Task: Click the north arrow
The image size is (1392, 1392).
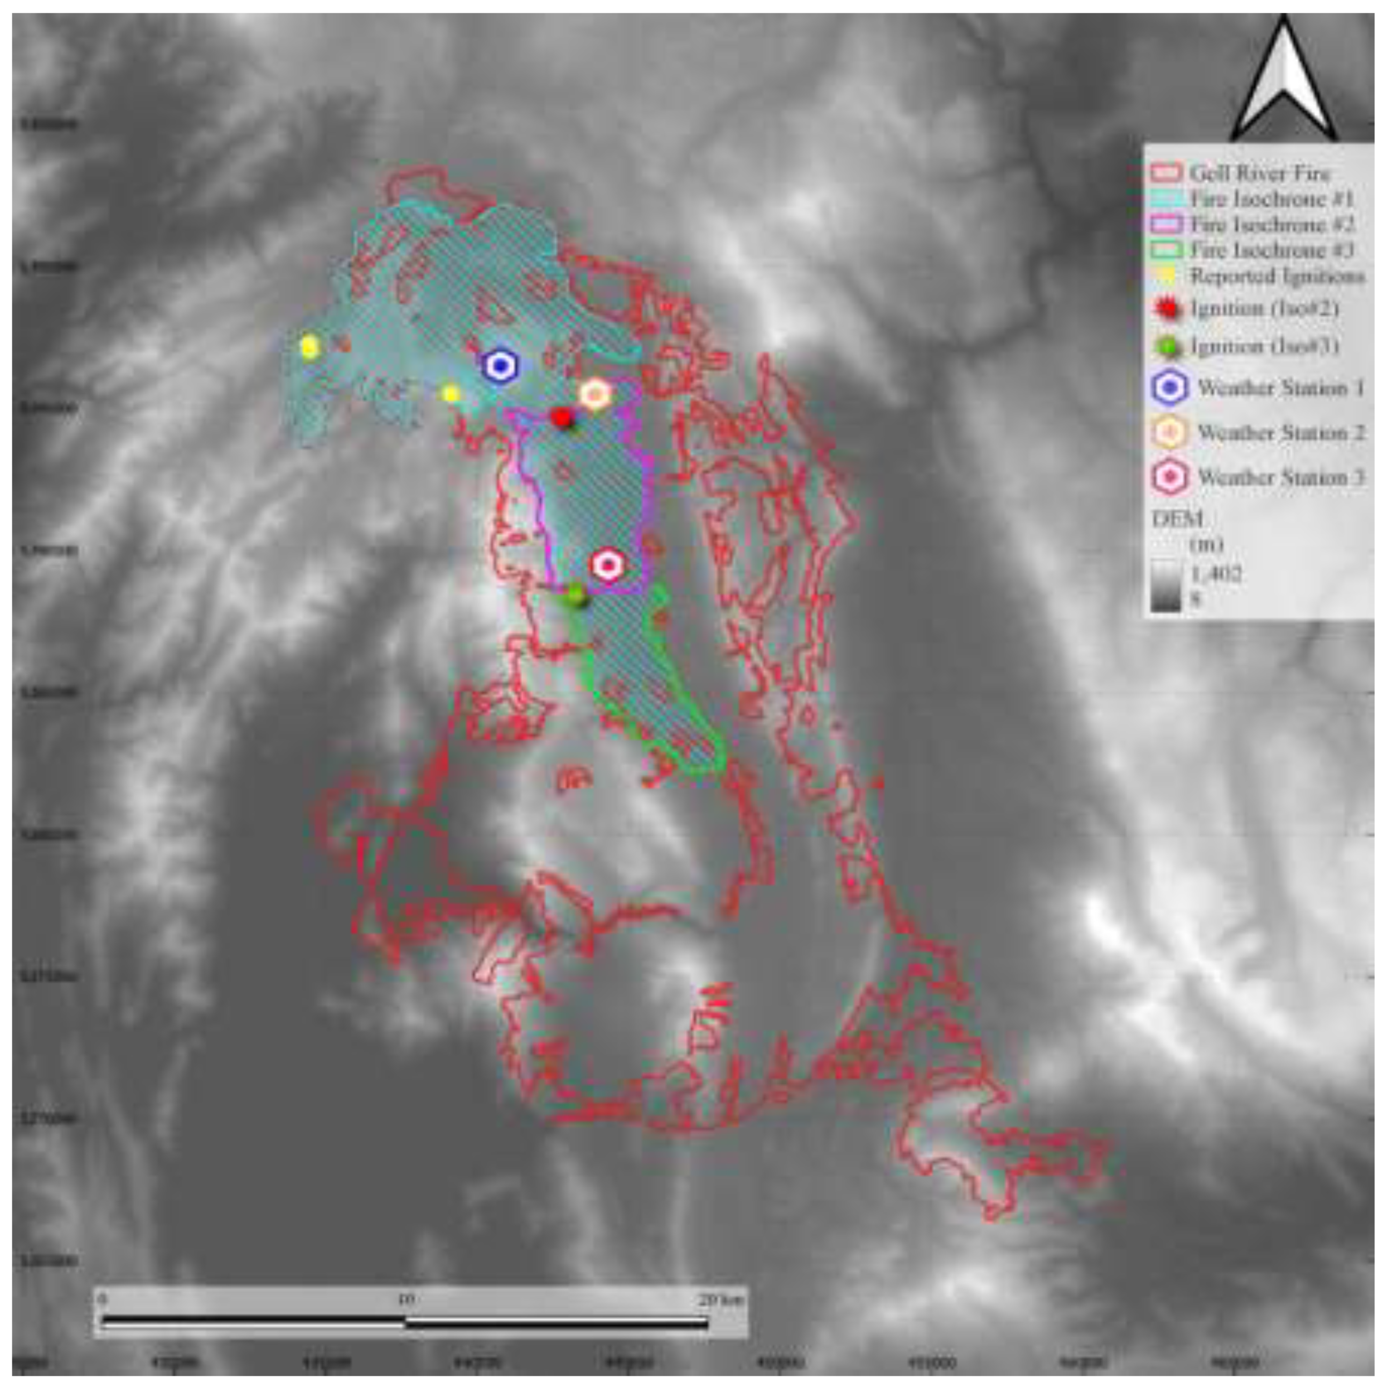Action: click(1283, 83)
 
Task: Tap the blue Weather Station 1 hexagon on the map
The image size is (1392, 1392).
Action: click(500, 366)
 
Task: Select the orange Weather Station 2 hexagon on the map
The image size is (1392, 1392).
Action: click(595, 394)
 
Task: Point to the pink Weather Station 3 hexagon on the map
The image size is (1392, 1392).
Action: click(608, 565)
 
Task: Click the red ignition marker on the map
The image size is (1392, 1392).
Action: click(561, 417)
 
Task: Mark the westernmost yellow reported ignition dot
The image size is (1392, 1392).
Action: click(310, 346)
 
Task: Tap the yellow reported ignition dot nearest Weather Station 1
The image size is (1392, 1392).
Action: click(451, 394)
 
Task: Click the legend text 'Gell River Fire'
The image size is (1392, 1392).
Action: click(1259, 173)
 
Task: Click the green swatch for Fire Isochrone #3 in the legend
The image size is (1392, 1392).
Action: click(1166, 250)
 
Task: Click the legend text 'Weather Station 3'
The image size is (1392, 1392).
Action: click(1281, 477)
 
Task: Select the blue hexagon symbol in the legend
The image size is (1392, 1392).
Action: click(1171, 388)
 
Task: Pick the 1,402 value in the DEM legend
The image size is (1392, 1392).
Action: click(1217, 574)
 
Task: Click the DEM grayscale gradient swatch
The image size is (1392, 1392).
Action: click(1166, 585)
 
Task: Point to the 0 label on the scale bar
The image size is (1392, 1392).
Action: click(103, 1301)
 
